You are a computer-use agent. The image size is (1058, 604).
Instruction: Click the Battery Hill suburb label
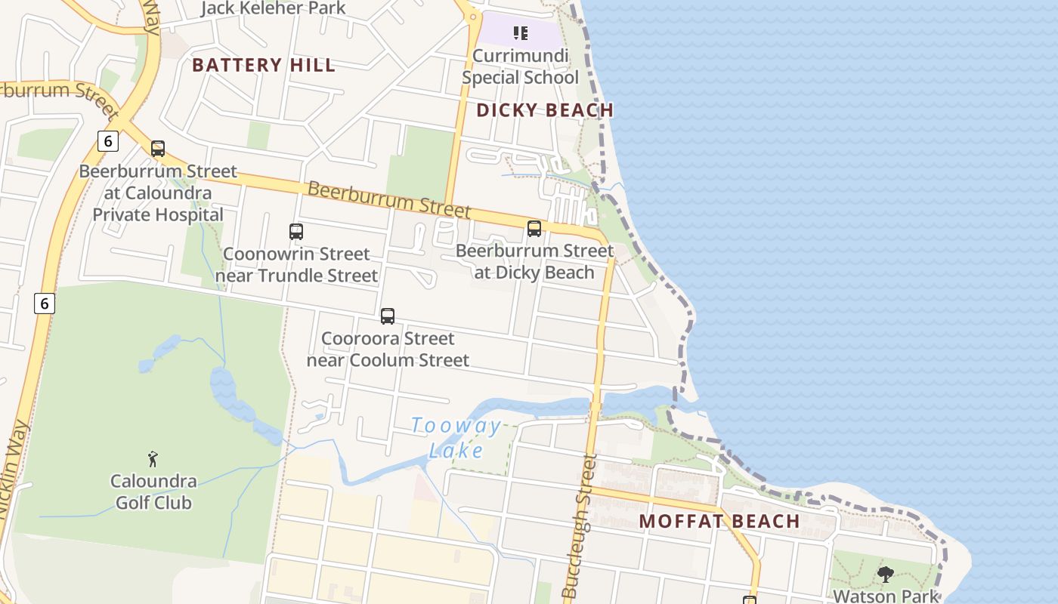click(263, 65)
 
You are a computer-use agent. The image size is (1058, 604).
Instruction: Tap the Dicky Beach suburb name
click(544, 110)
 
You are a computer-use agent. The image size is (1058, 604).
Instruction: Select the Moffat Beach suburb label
click(719, 521)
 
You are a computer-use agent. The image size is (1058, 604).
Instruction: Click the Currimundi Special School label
click(520, 66)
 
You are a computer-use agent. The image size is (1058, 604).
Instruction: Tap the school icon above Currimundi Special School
click(520, 32)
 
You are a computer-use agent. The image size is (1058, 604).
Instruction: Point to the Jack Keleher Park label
click(273, 8)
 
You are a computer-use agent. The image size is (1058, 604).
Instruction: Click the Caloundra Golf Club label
click(153, 492)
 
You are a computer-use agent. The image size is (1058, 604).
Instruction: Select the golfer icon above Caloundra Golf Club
click(153, 458)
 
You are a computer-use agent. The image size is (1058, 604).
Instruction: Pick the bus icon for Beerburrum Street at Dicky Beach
click(534, 228)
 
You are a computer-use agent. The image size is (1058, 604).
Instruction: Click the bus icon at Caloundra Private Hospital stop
click(157, 149)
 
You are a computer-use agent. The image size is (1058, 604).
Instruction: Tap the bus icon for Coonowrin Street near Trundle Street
click(296, 232)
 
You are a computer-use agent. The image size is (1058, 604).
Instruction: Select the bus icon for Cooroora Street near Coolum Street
click(388, 316)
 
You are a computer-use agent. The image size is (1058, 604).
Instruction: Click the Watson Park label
click(885, 596)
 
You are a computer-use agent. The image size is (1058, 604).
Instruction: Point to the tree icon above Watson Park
click(885, 575)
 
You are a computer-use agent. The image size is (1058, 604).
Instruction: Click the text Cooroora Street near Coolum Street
click(388, 349)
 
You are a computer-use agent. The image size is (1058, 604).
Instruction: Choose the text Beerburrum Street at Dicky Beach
click(534, 261)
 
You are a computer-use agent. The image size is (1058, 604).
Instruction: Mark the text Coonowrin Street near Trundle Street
click(296, 264)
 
